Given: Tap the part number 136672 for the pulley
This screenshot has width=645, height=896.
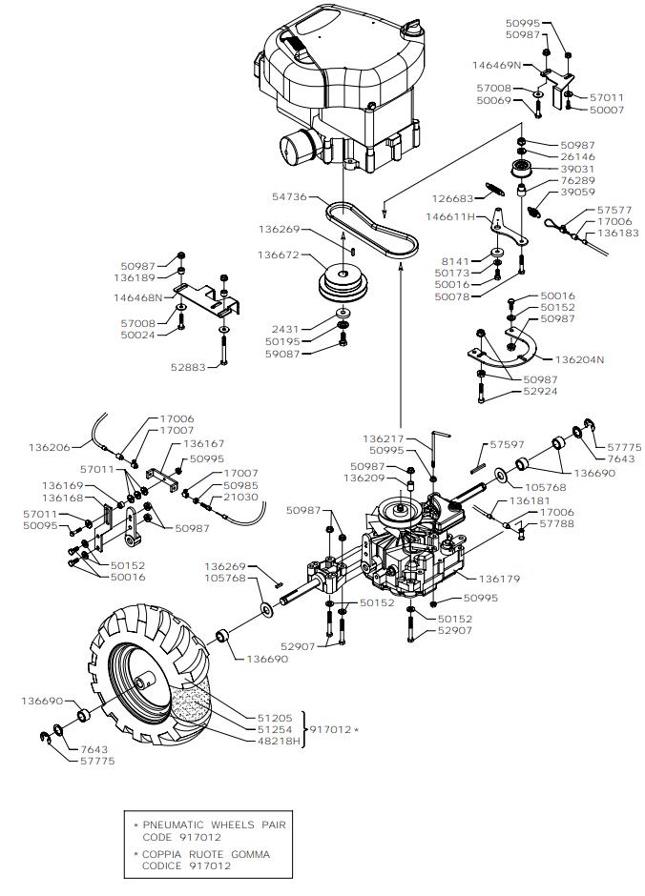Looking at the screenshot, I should pyautogui.click(x=278, y=255).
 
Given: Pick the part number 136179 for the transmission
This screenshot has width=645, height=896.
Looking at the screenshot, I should pyautogui.click(x=500, y=578).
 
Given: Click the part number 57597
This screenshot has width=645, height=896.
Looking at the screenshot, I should pyautogui.click(x=507, y=444).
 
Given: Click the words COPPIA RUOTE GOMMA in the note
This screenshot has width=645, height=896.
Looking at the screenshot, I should pyautogui.click(x=206, y=853).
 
